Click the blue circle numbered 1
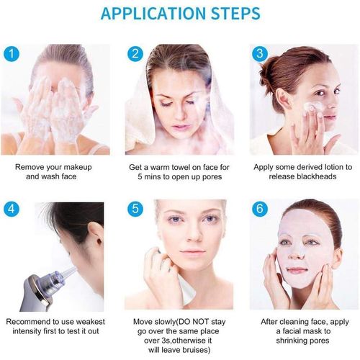pos(12,54)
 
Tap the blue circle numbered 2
pos(135,54)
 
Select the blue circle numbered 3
pos(260,53)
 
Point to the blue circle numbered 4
pos(12,209)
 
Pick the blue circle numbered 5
pos(135,208)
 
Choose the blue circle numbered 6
pos(260,208)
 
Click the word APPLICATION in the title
pos(153,14)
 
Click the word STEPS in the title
pos(236,14)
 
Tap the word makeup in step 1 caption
pos(78,167)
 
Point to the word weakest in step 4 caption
pos(90,322)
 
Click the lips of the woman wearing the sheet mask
pos(297,271)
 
